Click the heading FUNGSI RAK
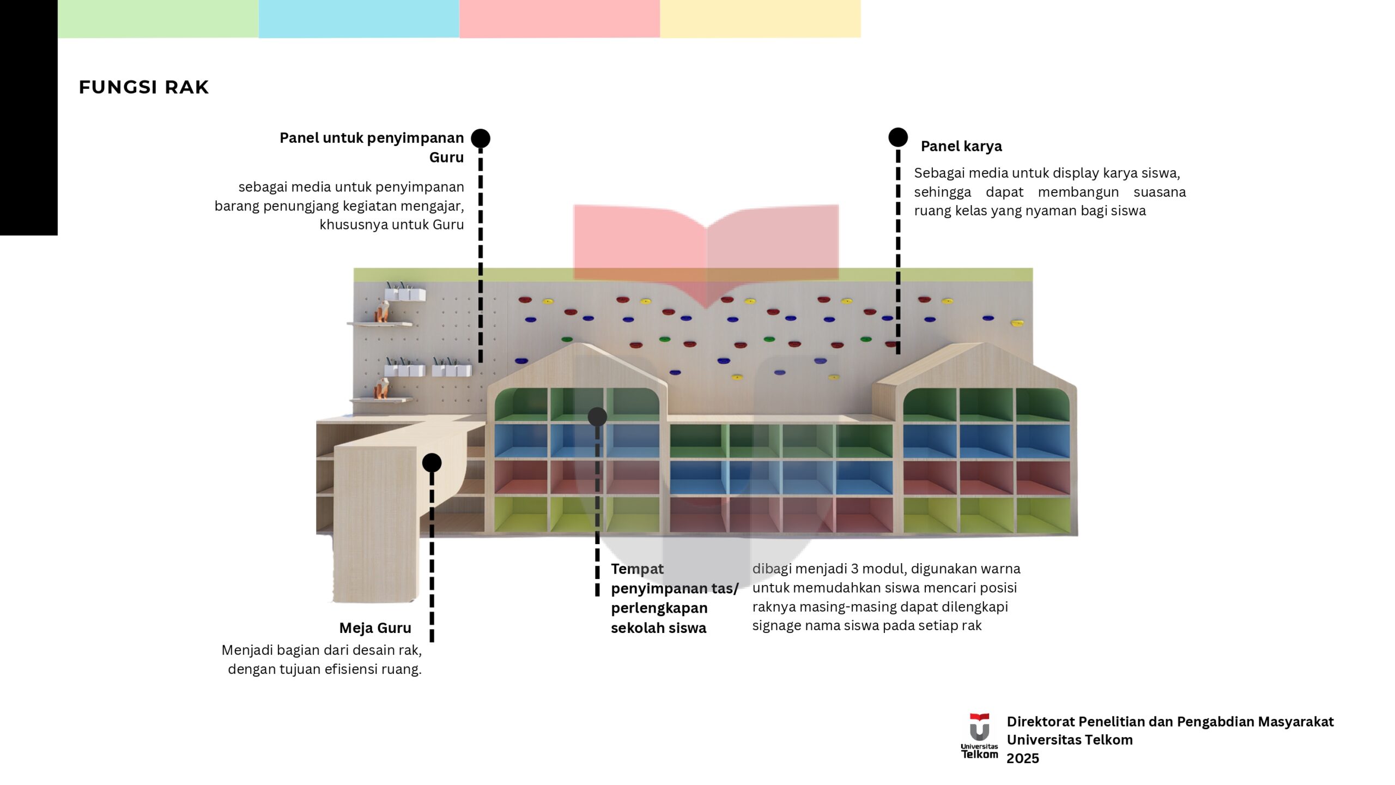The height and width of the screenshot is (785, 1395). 144,87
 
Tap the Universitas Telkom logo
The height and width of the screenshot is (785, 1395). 979,736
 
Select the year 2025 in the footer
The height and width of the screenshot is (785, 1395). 1022,758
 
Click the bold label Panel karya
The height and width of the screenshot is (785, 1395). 961,146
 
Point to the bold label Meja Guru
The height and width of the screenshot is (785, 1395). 375,628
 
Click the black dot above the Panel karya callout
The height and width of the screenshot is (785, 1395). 898,137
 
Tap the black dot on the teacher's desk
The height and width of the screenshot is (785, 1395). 432,463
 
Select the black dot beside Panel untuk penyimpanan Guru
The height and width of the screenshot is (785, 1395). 481,138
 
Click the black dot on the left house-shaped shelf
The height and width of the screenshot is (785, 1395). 597,417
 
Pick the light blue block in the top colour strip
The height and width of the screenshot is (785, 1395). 359,19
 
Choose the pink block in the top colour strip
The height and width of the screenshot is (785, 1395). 560,19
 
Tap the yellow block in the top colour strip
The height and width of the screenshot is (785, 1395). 760,19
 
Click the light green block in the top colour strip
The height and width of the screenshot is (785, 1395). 158,19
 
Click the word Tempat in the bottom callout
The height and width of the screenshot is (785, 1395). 637,569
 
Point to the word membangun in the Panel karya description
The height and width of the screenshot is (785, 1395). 1078,192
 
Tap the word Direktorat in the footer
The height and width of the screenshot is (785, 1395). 1041,722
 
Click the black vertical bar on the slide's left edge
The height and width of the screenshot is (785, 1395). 28,117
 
